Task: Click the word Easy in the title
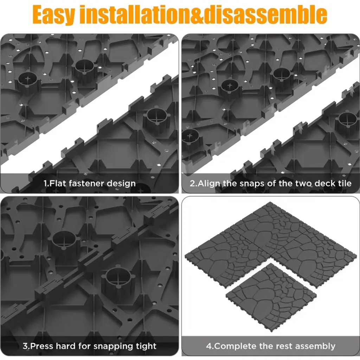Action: point(53,15)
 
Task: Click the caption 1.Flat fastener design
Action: point(90,183)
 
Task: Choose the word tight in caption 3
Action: point(146,346)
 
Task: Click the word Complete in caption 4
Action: point(232,346)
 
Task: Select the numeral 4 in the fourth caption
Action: point(209,346)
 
